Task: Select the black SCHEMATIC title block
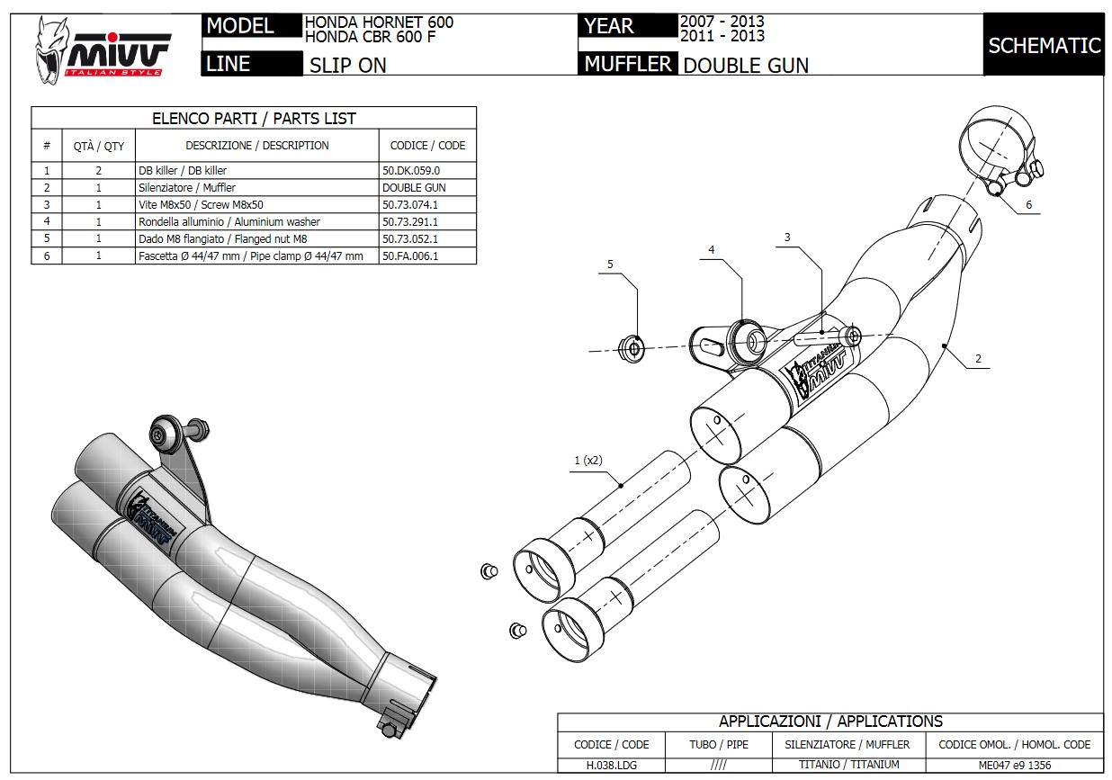[1044, 45]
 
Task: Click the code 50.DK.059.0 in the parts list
[411, 170]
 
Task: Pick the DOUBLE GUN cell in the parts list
[414, 187]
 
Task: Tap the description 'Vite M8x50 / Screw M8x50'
[201, 204]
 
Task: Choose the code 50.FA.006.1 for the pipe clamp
[415, 256]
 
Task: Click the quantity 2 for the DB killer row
[98, 170]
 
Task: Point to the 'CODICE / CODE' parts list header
[427, 145]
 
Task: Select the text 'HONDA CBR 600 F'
[364, 36]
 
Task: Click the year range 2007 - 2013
[722, 21]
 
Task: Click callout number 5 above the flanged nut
[610, 264]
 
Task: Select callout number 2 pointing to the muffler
[977, 358]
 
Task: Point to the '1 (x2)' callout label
[587, 461]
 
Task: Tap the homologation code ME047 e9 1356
[1013, 765]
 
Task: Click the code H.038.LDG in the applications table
[611, 765]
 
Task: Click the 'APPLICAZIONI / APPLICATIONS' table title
[830, 722]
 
